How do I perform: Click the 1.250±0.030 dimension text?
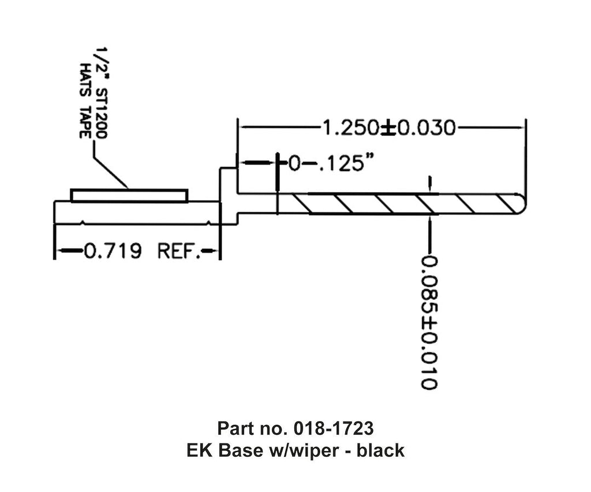tap(388, 127)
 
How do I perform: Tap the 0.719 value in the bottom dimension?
tap(113, 251)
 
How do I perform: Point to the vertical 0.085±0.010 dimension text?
tap(429, 322)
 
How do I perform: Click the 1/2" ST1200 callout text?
tap(100, 93)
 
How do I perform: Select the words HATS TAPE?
tap(85, 100)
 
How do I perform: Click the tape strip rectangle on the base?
tap(129, 196)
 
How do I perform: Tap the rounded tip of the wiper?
tap(522, 204)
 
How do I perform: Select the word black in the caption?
tap(380, 450)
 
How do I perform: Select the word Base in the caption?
tap(237, 450)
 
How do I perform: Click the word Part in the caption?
tap(232, 429)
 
